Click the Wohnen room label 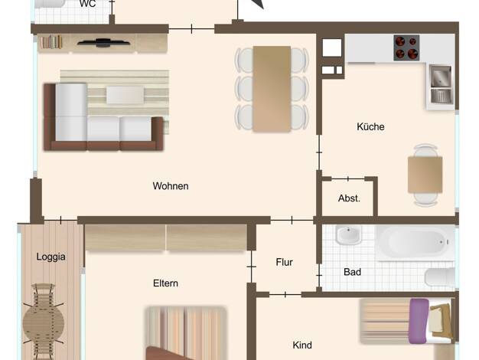[x=171, y=186]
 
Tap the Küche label [x=370, y=126]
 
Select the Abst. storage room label [x=349, y=198]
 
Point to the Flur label [x=284, y=262]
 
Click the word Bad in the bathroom [x=352, y=272]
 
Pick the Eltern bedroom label [x=165, y=283]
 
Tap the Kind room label [x=302, y=345]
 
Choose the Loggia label [x=51, y=257]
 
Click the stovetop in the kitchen [x=406, y=47]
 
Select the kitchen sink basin [x=441, y=76]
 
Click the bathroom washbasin [x=348, y=235]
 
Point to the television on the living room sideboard [x=103, y=43]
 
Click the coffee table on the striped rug [x=125, y=95]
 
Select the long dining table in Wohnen [x=272, y=89]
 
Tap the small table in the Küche [x=425, y=175]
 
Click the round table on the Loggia [x=44, y=322]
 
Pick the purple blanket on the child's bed [x=418, y=321]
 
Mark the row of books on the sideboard [x=51, y=42]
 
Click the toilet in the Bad [x=440, y=278]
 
